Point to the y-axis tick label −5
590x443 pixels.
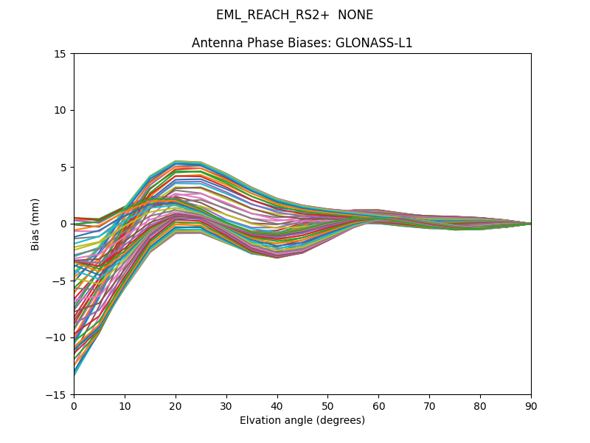[x=60, y=281]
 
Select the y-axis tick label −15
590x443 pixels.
[x=57, y=394]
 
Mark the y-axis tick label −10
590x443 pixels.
[x=57, y=337]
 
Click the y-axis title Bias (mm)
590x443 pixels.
[x=35, y=224]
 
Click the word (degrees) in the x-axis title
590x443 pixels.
[x=340, y=420]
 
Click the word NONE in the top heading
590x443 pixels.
[x=355, y=16]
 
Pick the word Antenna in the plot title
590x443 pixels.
[x=214, y=43]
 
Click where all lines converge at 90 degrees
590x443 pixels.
[x=530, y=224]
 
